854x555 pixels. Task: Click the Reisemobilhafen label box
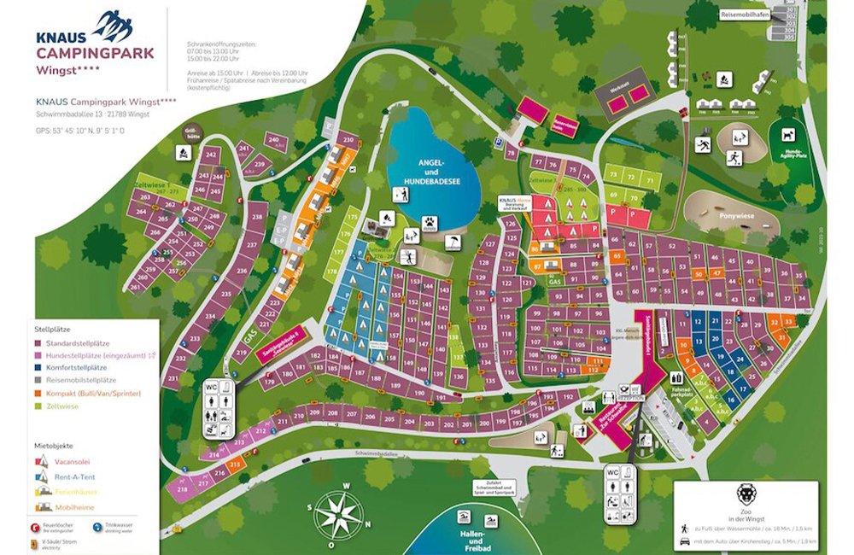coord(746,14)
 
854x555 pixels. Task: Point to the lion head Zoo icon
coord(746,495)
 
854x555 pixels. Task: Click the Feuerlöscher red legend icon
coord(37,527)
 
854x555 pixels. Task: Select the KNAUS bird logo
coord(114,26)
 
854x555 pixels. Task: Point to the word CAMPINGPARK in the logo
coord(95,53)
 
